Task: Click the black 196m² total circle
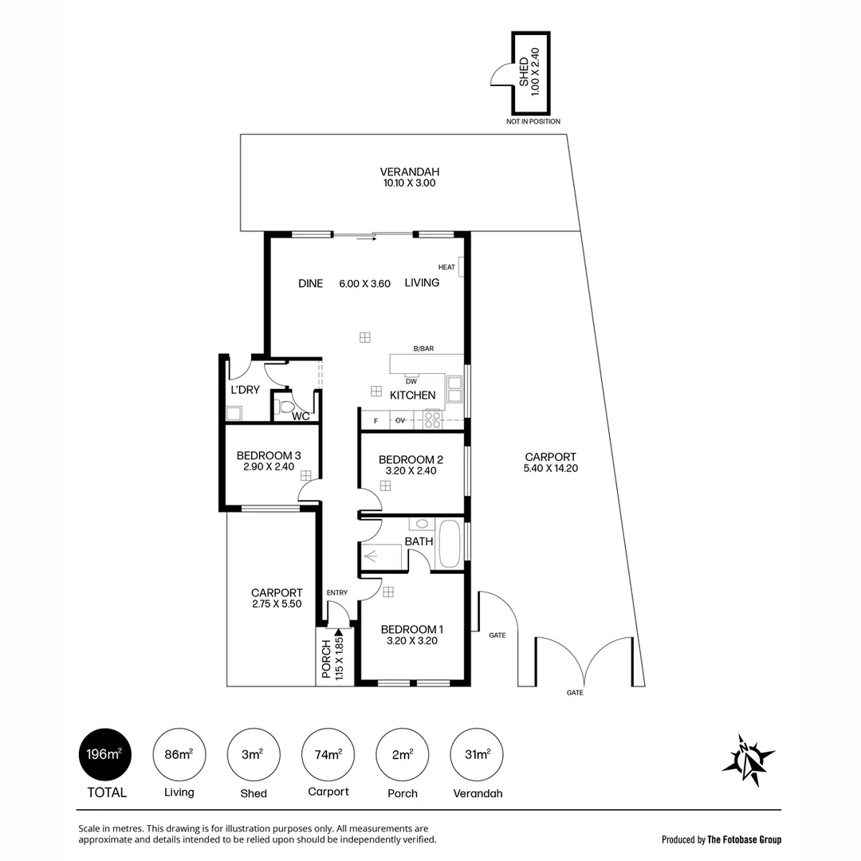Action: click(104, 754)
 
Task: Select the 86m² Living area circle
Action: click(179, 754)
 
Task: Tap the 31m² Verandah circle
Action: click(477, 754)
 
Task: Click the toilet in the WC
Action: click(286, 407)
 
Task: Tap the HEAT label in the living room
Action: click(446, 267)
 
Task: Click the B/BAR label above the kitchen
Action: click(423, 349)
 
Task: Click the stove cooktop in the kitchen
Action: click(432, 419)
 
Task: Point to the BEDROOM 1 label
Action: click(409, 629)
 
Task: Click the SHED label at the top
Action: click(524, 72)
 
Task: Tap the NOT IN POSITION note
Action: click(533, 122)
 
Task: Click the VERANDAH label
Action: click(409, 171)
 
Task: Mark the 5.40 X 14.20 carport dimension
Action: click(551, 468)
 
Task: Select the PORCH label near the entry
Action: click(326, 659)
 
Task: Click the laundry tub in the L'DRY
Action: click(234, 413)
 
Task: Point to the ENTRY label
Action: click(337, 592)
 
